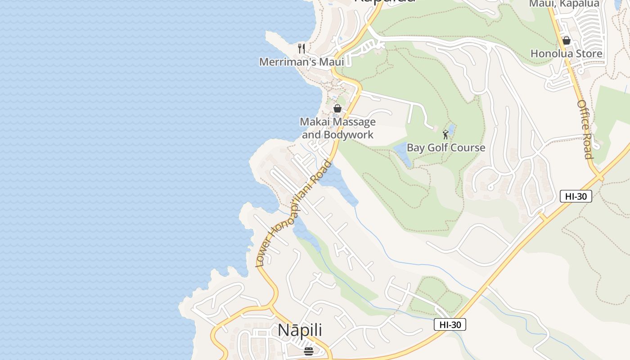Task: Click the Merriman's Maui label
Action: [301, 62]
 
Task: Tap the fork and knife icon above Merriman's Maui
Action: [301, 48]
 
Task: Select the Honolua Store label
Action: [566, 54]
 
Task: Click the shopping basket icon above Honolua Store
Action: [567, 40]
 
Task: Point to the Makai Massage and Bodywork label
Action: [337, 128]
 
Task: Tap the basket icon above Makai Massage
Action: [337, 108]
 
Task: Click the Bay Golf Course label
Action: [445, 148]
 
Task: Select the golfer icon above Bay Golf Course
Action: [445, 134]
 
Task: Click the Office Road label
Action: [585, 129]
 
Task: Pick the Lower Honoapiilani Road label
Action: [294, 213]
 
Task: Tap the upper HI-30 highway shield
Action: [576, 196]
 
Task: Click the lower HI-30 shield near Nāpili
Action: [450, 324]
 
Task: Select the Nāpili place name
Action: [300, 330]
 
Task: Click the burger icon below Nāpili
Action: [308, 351]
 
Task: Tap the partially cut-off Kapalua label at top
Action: [384, 2]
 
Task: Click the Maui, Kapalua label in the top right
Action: [564, 4]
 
